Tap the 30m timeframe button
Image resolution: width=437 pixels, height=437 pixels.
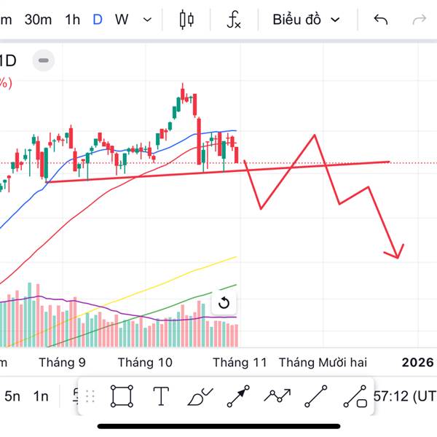pos(38,20)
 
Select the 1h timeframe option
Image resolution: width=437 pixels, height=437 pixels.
pos(72,20)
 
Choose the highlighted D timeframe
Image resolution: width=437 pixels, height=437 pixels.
pos(98,20)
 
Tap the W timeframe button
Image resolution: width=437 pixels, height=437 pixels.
pos(122,20)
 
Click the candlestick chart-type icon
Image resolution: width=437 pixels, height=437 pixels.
pos(186,20)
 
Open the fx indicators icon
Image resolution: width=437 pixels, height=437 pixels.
pos(233,20)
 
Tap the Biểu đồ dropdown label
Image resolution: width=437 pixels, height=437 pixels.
pos(297,20)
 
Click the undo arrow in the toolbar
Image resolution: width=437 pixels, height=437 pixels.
pos(380,20)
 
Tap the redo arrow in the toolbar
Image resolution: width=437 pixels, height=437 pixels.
pos(419,20)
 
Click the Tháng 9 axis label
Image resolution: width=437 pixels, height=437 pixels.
pos(62,362)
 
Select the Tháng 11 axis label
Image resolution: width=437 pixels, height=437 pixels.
pos(240,362)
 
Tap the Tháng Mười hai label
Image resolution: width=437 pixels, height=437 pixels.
pos(323,362)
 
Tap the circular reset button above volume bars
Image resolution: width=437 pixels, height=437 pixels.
pos(224,304)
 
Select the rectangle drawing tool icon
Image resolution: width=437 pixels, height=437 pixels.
pos(122,396)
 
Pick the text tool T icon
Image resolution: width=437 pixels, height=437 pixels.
pos(161,396)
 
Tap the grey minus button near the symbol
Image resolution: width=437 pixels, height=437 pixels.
pos(43,60)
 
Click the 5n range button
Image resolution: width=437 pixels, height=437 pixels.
pos(12,396)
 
